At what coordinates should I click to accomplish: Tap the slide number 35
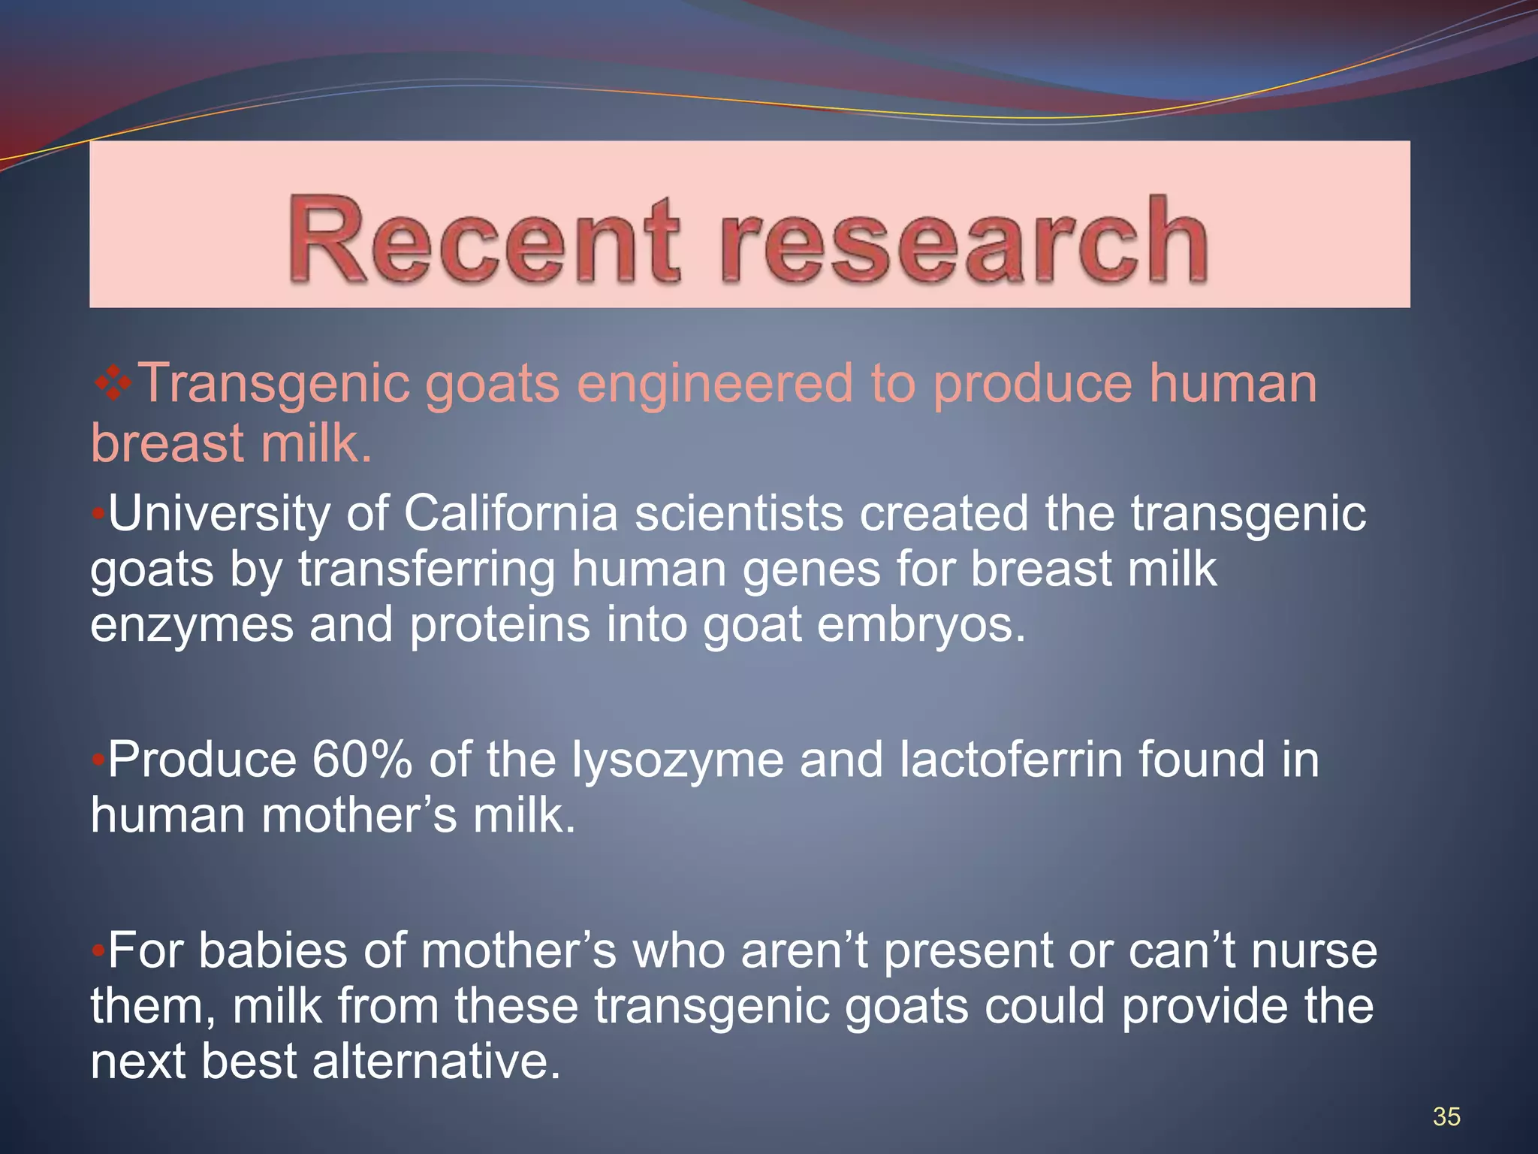1446,1116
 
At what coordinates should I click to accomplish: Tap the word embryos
921,625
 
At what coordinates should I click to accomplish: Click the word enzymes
191,627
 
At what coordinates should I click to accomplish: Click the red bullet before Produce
98,760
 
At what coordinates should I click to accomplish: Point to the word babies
273,951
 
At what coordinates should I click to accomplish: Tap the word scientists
739,515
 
